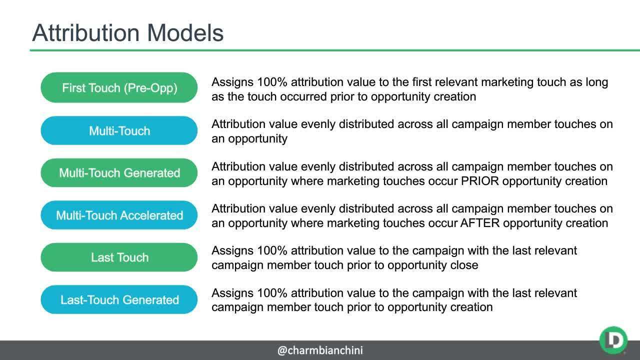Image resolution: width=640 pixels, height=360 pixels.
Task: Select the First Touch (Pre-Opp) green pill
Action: pyautogui.click(x=119, y=88)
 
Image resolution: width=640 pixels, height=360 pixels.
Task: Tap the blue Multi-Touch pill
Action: pyautogui.click(x=119, y=131)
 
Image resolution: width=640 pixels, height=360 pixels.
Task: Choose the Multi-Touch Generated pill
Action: pyautogui.click(x=119, y=173)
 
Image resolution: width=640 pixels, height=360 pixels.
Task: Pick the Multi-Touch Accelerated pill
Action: pyautogui.click(x=119, y=215)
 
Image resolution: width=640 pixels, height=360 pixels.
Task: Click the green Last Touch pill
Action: pyautogui.click(x=119, y=257)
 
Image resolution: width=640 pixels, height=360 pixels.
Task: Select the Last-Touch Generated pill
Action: pyautogui.click(x=119, y=300)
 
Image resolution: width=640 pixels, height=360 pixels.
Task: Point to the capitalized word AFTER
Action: pyautogui.click(x=481, y=223)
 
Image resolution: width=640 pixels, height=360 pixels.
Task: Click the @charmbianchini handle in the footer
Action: pyautogui.click(x=320, y=350)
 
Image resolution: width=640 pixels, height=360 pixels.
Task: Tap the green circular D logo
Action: pyautogui.click(x=613, y=340)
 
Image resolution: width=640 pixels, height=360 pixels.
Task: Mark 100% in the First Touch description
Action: pyautogui.click(x=272, y=82)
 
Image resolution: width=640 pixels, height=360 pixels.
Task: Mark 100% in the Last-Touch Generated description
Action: pyautogui.click(x=272, y=292)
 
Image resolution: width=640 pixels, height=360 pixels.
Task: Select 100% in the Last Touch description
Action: pyautogui.click(x=272, y=250)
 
